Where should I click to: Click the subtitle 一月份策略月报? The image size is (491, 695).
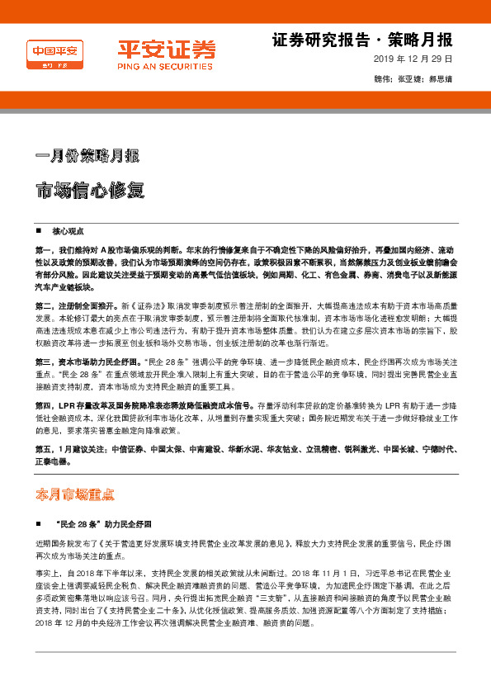pyautogui.click(x=87, y=155)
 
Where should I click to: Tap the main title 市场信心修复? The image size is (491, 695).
pyautogui.click(x=90, y=189)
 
